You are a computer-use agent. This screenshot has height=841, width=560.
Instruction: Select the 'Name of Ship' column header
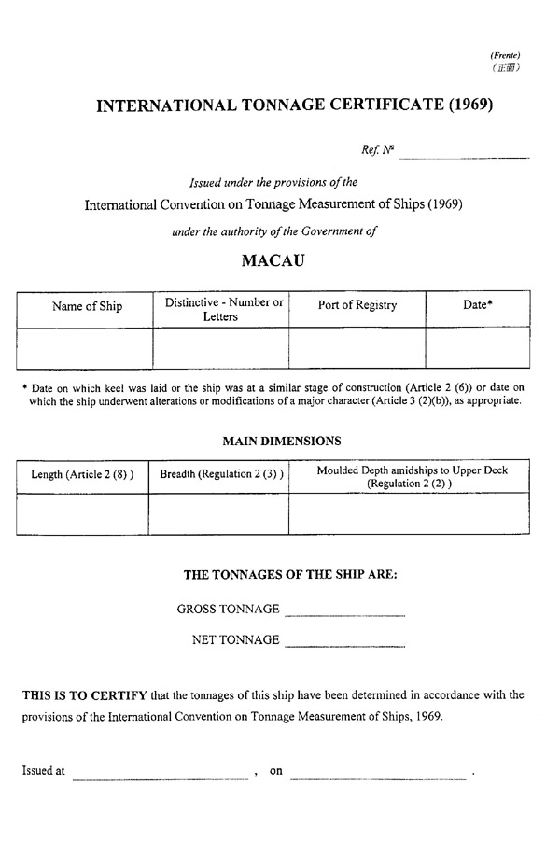(x=87, y=306)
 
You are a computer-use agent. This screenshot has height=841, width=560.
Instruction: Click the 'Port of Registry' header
(x=357, y=306)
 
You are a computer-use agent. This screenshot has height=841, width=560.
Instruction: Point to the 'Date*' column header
(x=478, y=306)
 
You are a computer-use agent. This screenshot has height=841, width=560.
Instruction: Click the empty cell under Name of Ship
(x=85, y=347)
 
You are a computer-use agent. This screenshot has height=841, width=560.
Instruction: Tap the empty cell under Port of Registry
(x=357, y=347)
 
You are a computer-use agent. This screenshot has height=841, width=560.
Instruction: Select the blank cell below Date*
(x=478, y=347)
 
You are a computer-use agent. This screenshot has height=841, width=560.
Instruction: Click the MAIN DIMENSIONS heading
(x=281, y=441)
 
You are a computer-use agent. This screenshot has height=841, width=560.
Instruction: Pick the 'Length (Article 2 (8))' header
(x=83, y=475)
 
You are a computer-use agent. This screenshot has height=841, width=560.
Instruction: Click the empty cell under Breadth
(x=218, y=512)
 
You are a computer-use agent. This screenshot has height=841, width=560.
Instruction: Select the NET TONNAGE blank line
(x=344, y=644)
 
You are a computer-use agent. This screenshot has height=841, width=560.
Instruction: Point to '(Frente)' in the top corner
(x=504, y=56)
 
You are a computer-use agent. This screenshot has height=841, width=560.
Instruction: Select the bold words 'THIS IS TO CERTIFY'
(x=85, y=695)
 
